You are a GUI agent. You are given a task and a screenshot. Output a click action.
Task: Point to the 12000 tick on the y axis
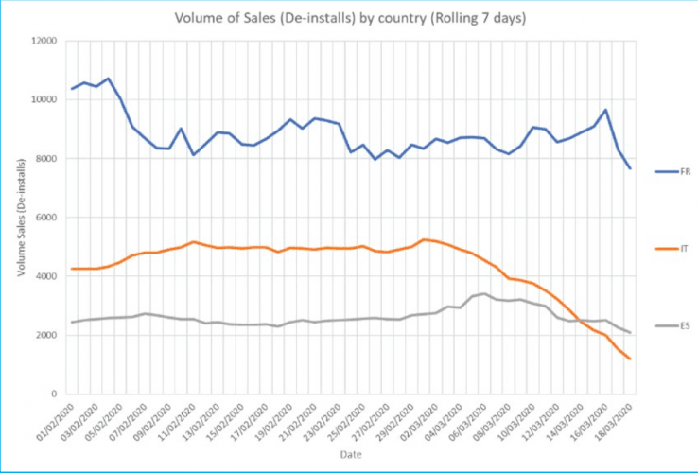[x=44, y=41]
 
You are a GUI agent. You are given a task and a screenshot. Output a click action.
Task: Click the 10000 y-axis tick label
[x=44, y=99]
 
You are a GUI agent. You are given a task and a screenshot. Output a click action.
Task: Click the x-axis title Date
[x=349, y=455]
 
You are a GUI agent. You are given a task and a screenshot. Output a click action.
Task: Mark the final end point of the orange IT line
[x=630, y=359]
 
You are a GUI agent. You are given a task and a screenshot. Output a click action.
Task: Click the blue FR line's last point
[x=630, y=168]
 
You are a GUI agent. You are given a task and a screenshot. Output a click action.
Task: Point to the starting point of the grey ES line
[x=72, y=323]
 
